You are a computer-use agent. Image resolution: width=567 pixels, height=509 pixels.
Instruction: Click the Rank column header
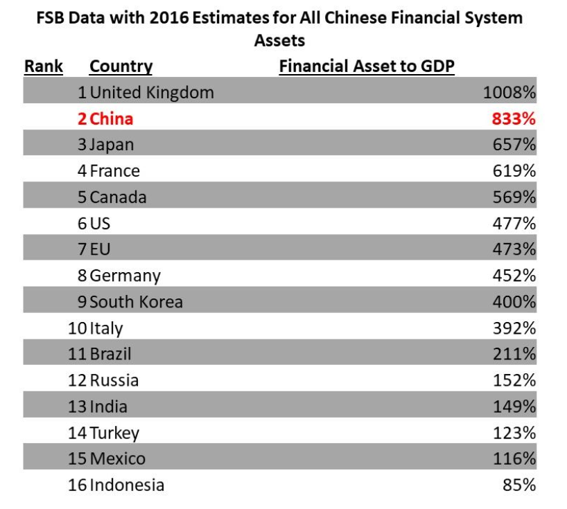[44, 66]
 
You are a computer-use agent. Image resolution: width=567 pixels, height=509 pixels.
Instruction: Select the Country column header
[121, 66]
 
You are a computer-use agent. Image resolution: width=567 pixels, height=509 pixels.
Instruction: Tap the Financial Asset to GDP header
[367, 66]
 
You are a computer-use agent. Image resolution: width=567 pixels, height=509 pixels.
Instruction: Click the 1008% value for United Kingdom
[509, 93]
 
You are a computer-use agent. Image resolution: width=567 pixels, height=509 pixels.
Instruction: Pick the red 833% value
[514, 119]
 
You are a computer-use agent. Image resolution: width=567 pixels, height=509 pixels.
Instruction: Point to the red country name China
[112, 119]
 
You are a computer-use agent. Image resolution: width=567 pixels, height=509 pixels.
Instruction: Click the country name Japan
[112, 145]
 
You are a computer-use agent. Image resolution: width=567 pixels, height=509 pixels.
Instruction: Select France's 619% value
[514, 171]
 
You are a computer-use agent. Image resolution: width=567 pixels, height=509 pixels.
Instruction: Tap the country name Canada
[118, 197]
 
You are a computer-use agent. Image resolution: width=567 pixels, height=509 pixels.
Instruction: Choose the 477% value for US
[514, 223]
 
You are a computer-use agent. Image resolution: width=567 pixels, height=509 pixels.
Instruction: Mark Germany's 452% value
[514, 276]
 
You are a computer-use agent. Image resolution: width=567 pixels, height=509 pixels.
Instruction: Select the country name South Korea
[136, 302]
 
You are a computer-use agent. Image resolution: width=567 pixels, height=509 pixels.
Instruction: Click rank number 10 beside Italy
[77, 328]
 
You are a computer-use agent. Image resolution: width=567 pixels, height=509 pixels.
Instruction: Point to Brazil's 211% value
[514, 354]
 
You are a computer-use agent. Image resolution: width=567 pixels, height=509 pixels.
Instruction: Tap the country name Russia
[114, 380]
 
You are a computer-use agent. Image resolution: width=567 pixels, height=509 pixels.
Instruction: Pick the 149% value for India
[514, 407]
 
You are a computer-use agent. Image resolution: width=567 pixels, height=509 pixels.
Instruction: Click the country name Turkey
[114, 433]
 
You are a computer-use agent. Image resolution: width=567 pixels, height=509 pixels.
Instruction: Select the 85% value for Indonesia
[519, 485]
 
